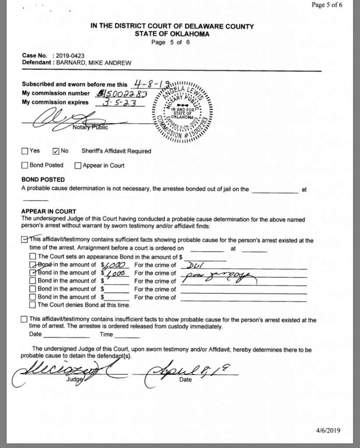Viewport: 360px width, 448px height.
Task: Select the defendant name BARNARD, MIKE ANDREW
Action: (x=90, y=63)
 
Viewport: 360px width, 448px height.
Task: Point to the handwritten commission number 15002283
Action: (x=122, y=93)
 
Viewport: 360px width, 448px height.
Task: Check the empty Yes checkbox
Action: (x=24, y=151)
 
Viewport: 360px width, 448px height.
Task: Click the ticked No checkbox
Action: (x=56, y=151)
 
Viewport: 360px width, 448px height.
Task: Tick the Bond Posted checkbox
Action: (x=24, y=166)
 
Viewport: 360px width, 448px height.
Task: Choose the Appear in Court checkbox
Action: (x=78, y=166)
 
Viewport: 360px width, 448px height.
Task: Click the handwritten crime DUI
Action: (x=193, y=265)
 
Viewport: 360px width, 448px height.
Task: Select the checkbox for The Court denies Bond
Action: (x=32, y=304)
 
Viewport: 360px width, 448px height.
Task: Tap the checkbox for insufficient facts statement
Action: (x=24, y=320)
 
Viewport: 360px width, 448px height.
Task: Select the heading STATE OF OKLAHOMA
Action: (x=172, y=34)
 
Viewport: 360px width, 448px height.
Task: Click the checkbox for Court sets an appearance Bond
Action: (x=32, y=256)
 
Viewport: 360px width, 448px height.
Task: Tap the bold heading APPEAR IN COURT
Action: (x=49, y=211)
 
